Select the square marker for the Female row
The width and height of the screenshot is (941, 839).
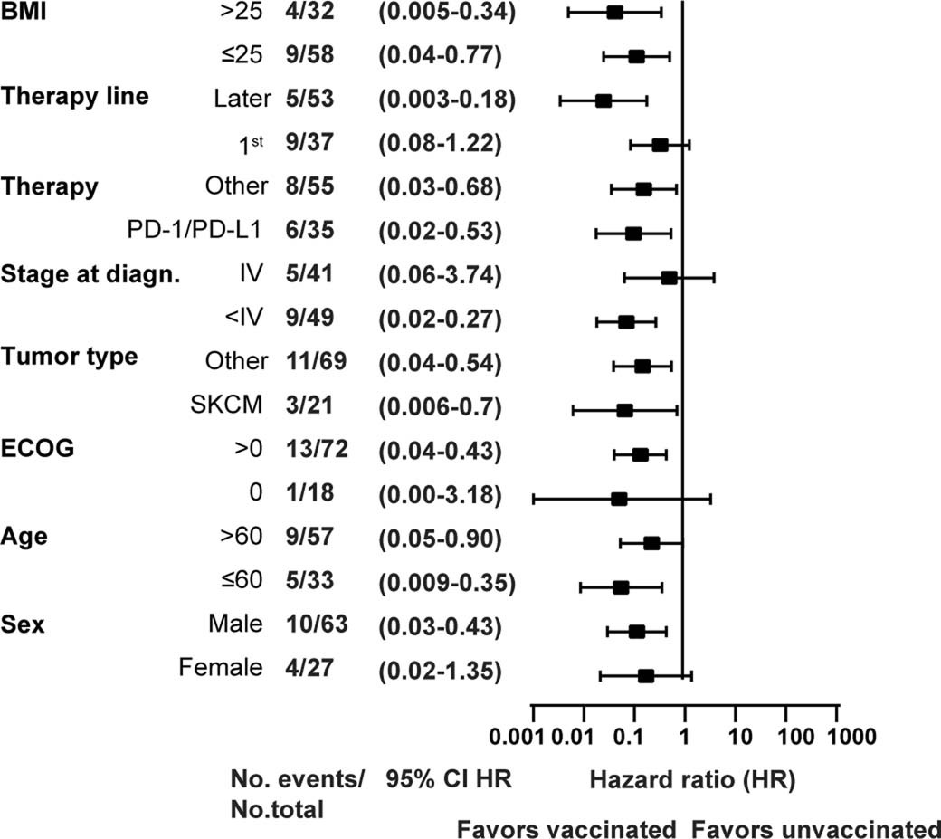point(645,675)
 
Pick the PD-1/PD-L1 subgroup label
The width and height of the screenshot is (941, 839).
point(195,232)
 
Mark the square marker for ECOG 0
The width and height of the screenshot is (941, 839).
point(619,499)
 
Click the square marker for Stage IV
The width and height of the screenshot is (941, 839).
point(669,277)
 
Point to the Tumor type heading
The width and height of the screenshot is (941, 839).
point(70,357)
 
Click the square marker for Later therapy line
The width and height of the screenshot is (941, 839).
point(603,100)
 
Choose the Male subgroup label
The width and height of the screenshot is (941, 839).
point(234,624)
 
